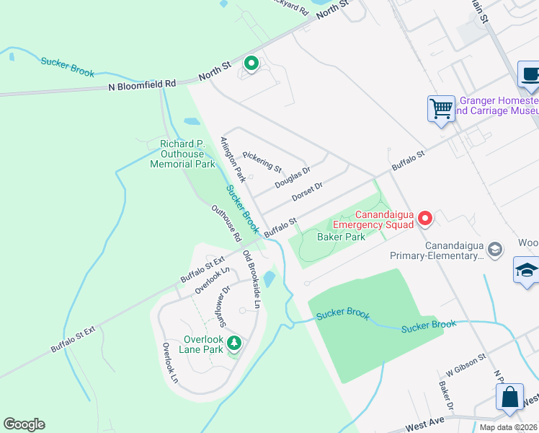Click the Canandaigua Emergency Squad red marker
425,217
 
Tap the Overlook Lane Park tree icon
233,343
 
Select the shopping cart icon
441,109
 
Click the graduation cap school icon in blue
527,271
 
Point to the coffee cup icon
530,74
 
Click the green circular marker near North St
251,64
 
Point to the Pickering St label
262,162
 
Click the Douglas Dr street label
293,178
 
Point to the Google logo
24,424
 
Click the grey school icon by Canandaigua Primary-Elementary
495,249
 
